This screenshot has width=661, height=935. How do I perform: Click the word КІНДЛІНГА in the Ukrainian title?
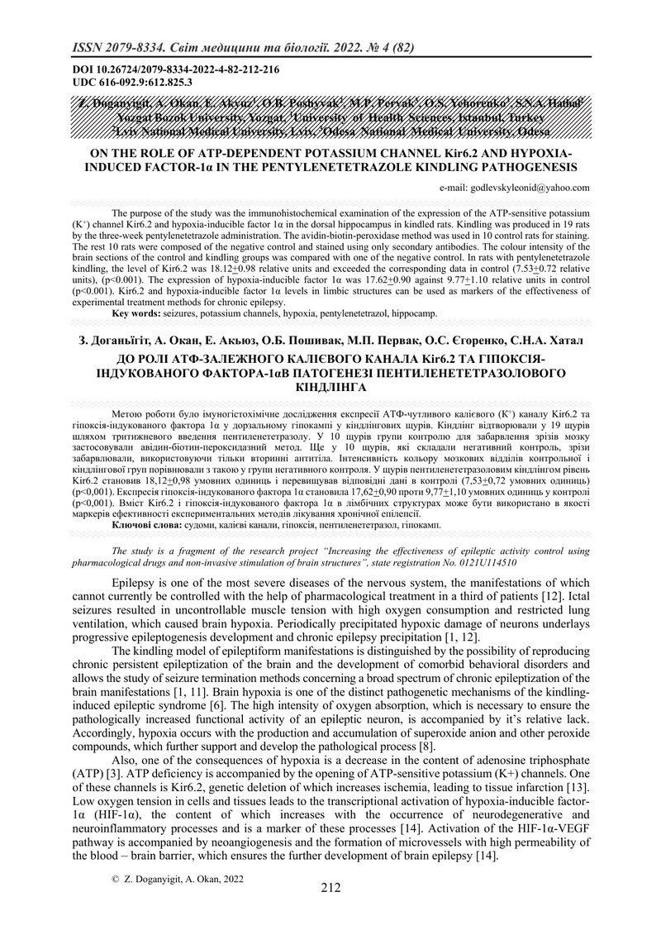coord(330,385)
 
